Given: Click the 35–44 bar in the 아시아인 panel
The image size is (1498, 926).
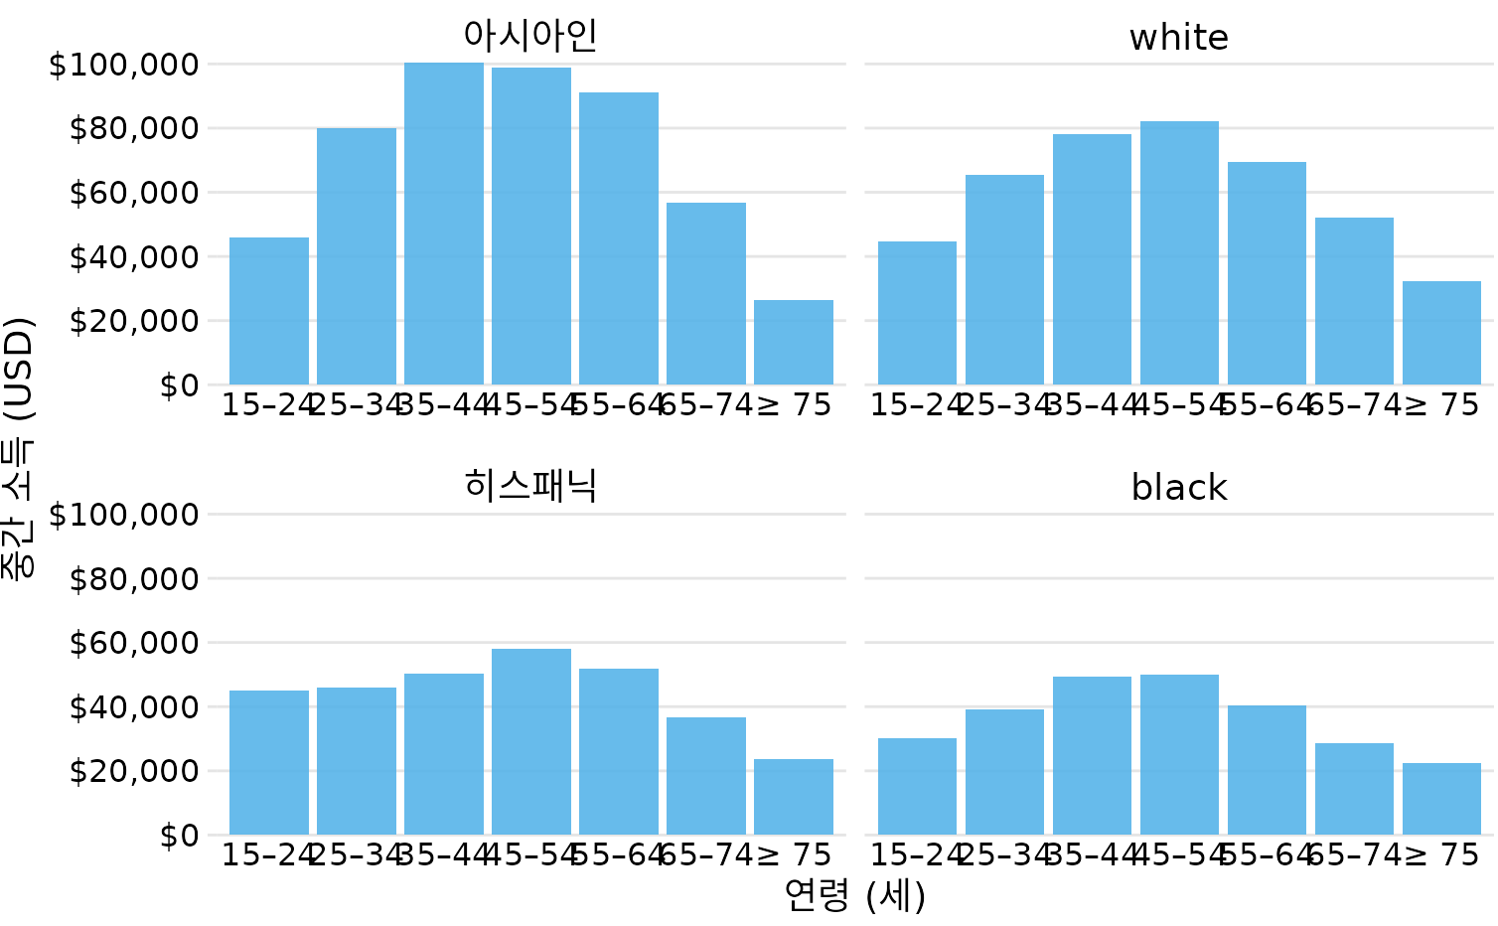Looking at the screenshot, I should [x=444, y=224].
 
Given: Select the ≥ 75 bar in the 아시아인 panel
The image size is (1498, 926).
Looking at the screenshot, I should [x=794, y=342].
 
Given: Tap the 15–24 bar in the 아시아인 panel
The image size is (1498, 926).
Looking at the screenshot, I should [x=269, y=311].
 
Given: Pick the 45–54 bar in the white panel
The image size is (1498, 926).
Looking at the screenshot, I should [x=1179, y=252].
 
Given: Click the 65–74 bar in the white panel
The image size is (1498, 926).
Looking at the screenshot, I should [x=1354, y=301].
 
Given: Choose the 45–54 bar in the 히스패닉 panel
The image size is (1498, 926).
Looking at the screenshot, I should [x=531, y=741].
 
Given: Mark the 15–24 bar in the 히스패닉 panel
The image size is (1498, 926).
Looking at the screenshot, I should [x=269, y=762].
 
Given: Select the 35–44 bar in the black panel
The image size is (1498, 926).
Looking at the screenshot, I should [x=1092, y=755].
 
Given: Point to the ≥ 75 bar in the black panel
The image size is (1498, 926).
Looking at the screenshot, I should [x=1441, y=799].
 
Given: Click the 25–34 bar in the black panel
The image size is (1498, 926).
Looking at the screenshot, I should [x=1004, y=772].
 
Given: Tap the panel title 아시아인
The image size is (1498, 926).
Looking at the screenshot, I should [x=530, y=36].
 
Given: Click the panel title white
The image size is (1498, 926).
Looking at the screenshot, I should [x=1179, y=38].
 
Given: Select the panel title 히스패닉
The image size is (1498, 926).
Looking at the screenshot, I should [x=530, y=486].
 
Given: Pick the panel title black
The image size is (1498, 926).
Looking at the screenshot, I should [x=1179, y=488].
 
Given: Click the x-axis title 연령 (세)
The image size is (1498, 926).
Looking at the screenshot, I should [x=854, y=896].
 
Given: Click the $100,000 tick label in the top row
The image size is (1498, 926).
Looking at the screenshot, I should [x=124, y=66].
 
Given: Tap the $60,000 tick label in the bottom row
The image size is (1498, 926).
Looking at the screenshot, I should [x=134, y=643].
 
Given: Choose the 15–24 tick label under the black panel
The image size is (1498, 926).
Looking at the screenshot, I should [x=917, y=854].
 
